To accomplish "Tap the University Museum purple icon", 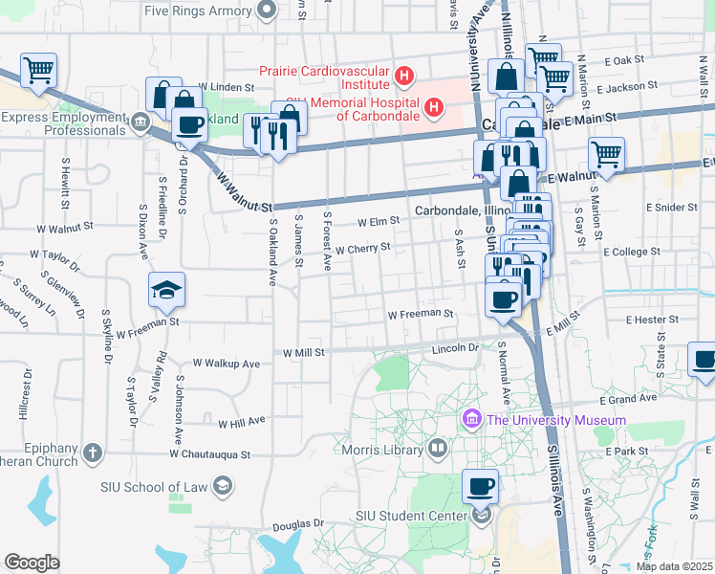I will tap(470, 420).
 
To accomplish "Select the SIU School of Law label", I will tap(155, 487).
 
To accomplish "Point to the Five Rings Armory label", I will tap(199, 11).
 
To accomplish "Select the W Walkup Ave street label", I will tap(226, 364).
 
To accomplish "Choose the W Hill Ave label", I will tap(241, 423).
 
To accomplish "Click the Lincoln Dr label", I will tap(455, 348).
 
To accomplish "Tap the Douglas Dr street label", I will tap(297, 525).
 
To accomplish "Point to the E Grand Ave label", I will tap(629, 399).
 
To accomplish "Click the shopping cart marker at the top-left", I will tap(38, 70).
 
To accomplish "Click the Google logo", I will tap(32, 563).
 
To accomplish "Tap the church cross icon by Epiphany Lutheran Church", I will tap(93, 452).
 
